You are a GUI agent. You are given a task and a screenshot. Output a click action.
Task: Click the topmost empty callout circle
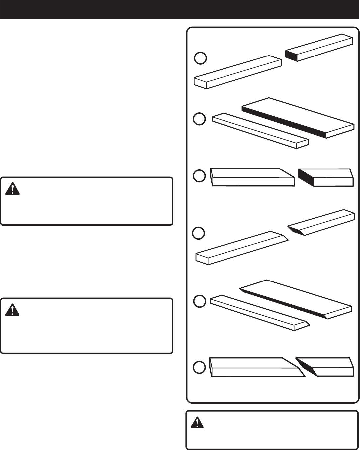pos(200,58)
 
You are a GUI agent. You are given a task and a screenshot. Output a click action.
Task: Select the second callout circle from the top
pos(199,119)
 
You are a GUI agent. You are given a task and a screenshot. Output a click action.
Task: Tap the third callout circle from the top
pos(199,176)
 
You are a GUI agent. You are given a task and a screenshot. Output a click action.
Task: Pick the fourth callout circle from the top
pos(199,233)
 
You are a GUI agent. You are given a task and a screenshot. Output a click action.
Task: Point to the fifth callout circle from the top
pos(200,301)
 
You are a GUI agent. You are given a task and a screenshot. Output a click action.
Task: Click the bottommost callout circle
pos(199,368)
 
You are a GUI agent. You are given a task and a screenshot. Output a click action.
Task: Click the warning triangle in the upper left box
pos(13,189)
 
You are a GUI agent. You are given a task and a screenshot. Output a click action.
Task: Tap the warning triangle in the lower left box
pos(13,310)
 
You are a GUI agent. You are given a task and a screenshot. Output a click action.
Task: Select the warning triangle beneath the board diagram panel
pos(197,422)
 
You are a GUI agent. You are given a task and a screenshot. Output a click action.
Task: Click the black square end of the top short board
pos(291,55)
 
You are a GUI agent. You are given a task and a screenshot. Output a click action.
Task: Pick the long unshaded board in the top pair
pos(237,72)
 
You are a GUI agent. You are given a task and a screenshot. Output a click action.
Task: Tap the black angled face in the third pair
pos(306,177)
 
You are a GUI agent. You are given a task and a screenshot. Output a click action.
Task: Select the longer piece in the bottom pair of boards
pos(254,368)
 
